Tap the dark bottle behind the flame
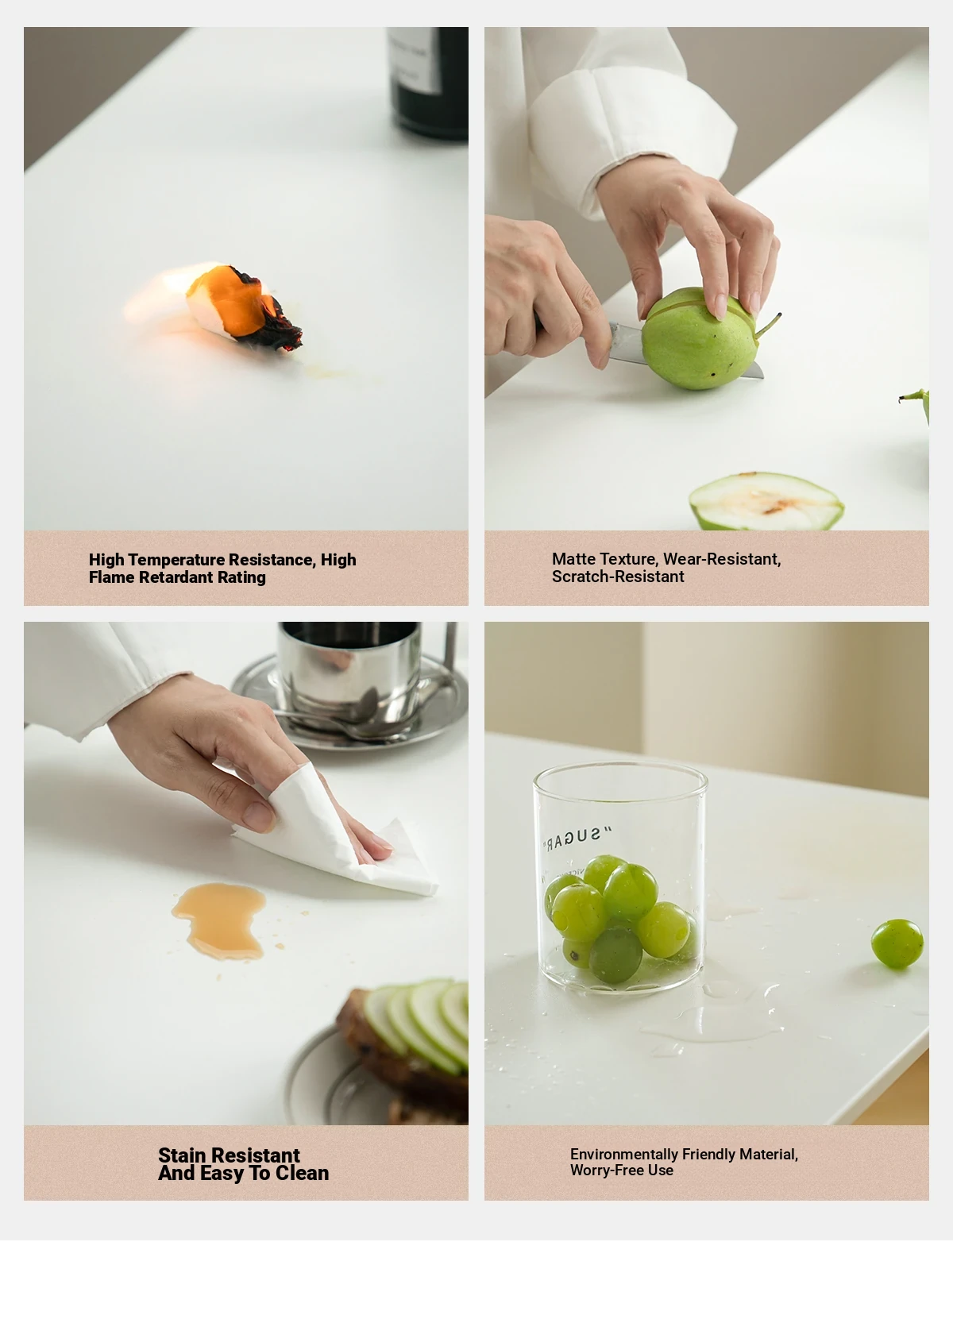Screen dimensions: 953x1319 click(428, 83)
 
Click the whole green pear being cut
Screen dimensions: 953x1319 click(699, 338)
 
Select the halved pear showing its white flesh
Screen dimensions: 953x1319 click(766, 501)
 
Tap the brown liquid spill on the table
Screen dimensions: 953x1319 click(220, 920)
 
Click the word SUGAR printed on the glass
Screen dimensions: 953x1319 click(577, 839)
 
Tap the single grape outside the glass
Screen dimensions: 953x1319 click(897, 943)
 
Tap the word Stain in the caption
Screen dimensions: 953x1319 click(181, 1155)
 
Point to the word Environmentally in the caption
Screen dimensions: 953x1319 click(623, 1154)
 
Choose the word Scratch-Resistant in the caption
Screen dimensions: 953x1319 click(618, 577)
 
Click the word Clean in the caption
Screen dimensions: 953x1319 click(302, 1172)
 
